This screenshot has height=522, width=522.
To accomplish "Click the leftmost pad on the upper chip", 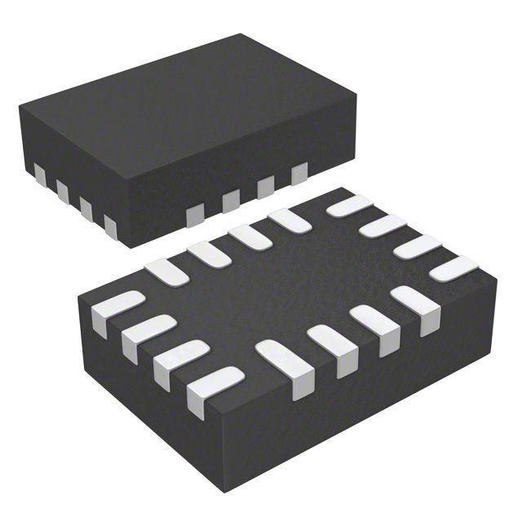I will tap(39, 173).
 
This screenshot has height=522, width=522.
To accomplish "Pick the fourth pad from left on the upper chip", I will tap(109, 224).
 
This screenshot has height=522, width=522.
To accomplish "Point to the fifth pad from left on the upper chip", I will tap(195, 214).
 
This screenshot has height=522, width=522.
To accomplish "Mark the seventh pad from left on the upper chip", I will tap(266, 187).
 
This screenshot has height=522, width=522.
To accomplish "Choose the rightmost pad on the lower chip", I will tap(453, 268).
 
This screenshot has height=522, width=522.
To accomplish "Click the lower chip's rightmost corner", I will tap(497, 279).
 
